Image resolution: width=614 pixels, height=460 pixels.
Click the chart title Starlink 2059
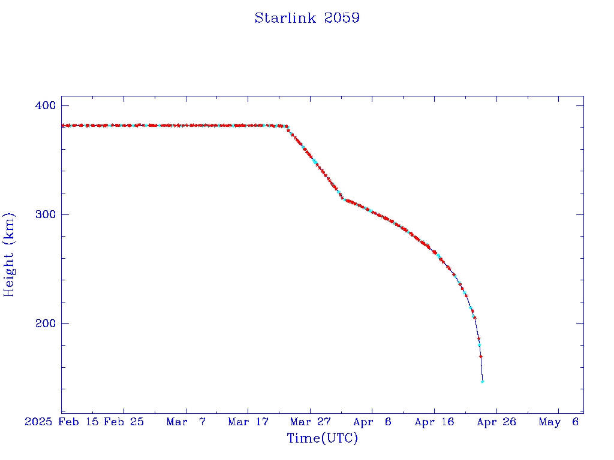307,18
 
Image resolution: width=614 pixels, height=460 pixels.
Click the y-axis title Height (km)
9,255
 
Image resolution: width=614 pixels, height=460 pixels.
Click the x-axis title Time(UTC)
323,438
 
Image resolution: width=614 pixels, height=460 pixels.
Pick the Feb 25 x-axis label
124,422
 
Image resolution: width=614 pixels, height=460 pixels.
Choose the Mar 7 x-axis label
186,422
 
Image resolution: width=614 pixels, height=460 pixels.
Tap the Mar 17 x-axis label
248,422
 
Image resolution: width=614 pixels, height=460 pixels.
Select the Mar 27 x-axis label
310,422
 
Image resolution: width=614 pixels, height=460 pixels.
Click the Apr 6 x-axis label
372,422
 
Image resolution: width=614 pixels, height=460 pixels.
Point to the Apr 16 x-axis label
434,422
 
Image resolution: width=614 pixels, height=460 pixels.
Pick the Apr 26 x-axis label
496,422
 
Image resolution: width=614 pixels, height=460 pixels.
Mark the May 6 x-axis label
558,422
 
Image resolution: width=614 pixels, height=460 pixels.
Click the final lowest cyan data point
483,382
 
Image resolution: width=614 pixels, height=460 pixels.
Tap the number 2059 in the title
342,18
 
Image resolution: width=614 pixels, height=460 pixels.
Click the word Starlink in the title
286,18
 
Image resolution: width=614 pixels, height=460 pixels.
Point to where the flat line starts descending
287,126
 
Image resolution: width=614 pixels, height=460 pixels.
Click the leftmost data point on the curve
62,126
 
